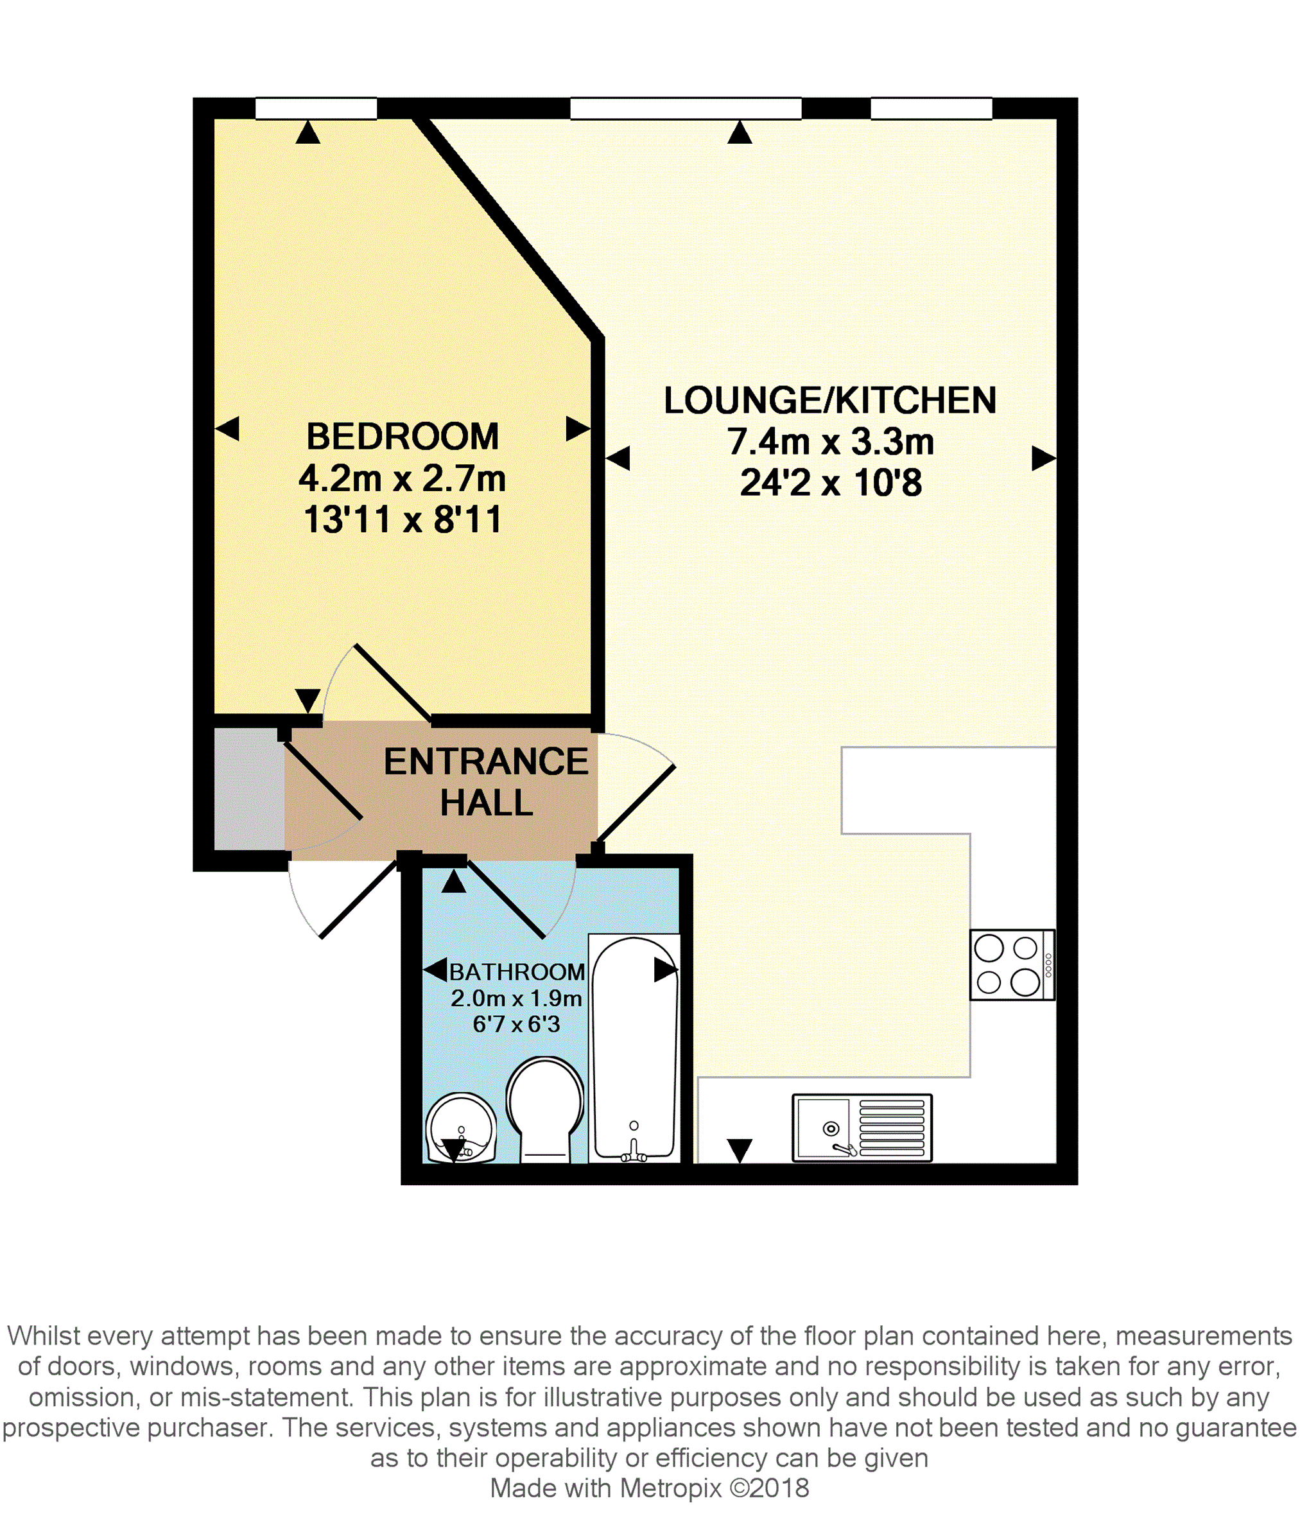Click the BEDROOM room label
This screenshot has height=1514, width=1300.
tap(402, 437)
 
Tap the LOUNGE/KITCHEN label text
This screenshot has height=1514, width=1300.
tap(830, 401)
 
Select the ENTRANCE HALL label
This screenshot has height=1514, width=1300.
tap(486, 782)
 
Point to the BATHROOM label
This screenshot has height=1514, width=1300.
tap(517, 972)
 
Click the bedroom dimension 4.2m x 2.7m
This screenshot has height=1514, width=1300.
tap(402, 478)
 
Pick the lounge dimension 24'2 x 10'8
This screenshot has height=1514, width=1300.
tap(831, 483)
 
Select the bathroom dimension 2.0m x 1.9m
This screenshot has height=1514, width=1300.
tap(516, 998)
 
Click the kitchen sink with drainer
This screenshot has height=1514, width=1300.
tap(862, 1127)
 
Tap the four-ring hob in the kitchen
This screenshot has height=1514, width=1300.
tap(1012, 964)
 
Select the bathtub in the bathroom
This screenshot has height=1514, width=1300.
tap(634, 1048)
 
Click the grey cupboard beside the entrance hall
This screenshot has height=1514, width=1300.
tap(248, 789)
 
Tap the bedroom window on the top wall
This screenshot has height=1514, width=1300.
tap(316, 108)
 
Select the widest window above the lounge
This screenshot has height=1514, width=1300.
tap(686, 108)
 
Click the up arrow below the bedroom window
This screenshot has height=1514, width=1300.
tap(308, 132)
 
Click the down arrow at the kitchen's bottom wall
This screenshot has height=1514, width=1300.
tap(740, 1151)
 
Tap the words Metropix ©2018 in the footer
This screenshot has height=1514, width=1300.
tap(715, 1488)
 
